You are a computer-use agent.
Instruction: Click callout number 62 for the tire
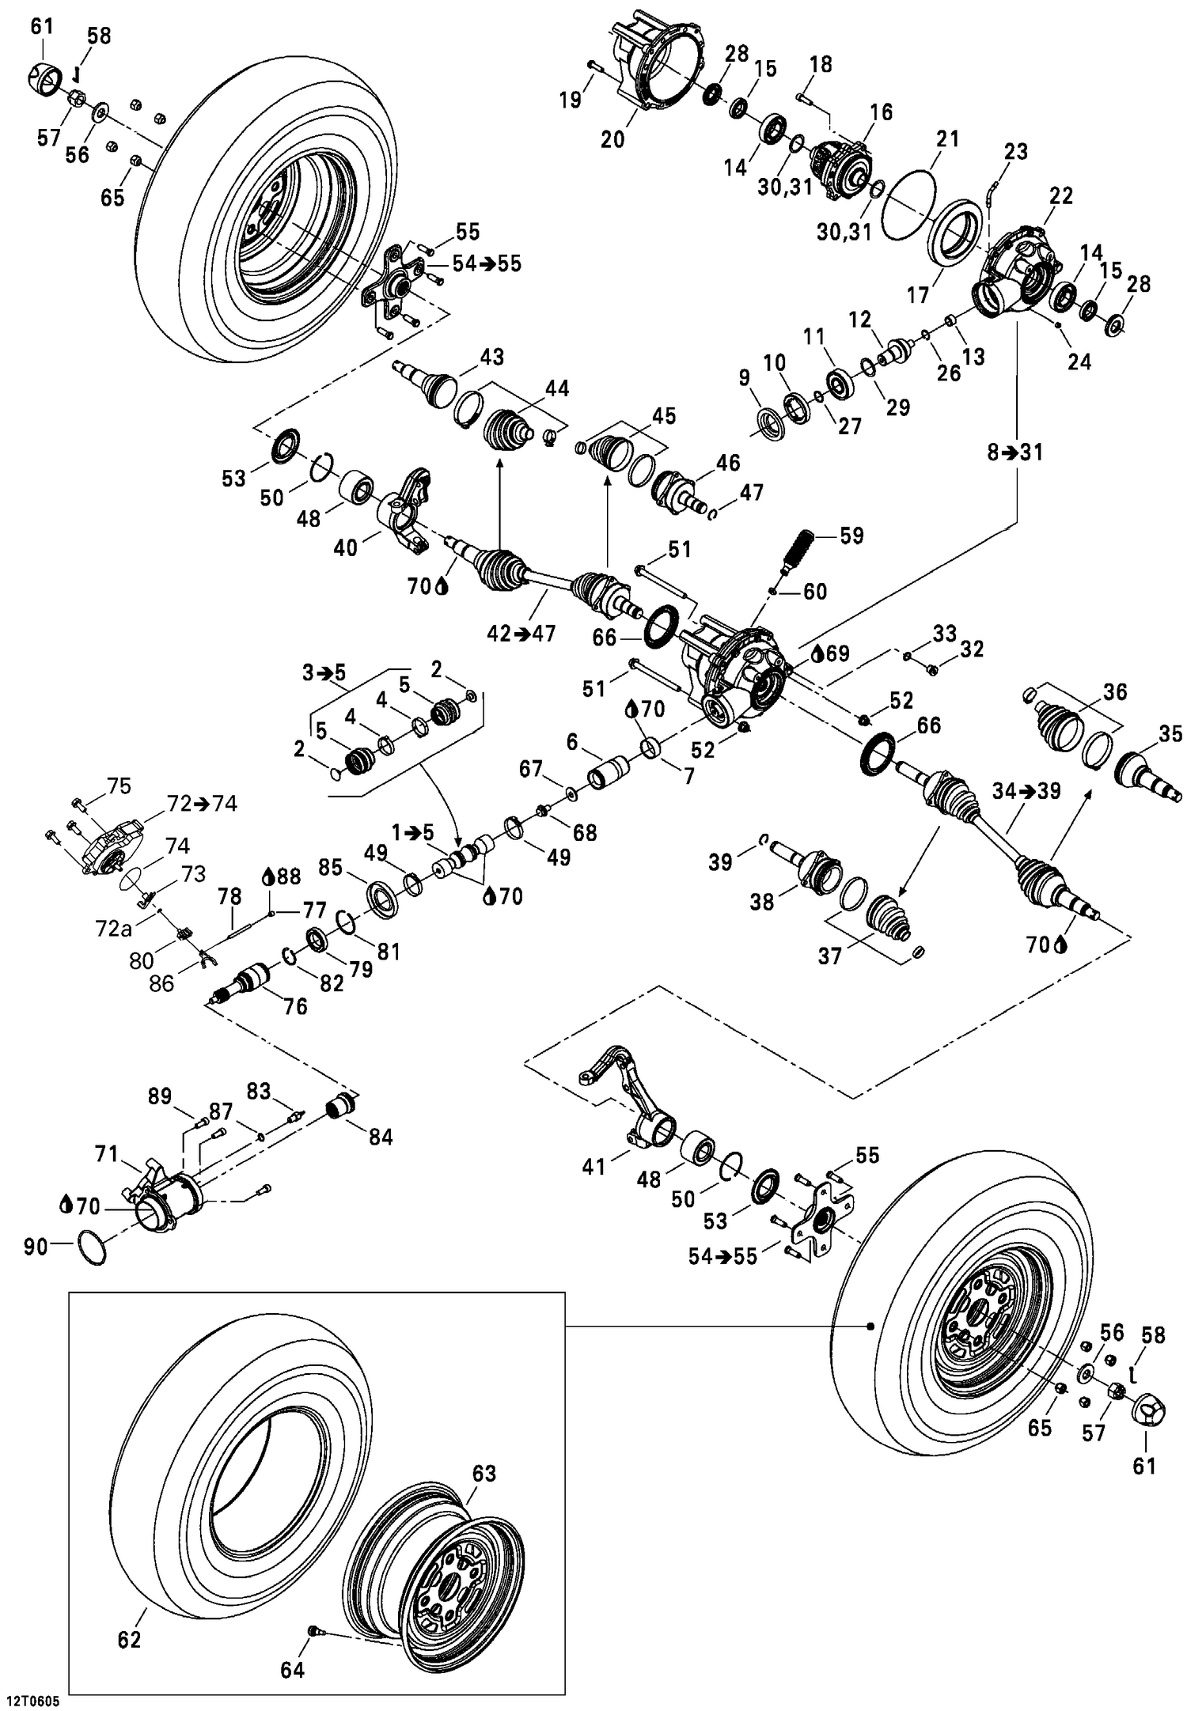(x=129, y=1639)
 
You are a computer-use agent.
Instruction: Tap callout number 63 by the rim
(x=484, y=1473)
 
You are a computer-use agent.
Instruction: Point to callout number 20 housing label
(x=612, y=139)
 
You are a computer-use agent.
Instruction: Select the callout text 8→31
(x=1015, y=452)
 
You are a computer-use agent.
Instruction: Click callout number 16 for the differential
(x=881, y=112)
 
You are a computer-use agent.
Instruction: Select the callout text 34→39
(x=1026, y=790)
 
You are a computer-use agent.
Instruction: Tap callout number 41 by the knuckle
(x=593, y=1166)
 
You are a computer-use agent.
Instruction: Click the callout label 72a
(x=113, y=928)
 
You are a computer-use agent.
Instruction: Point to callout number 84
(x=381, y=1137)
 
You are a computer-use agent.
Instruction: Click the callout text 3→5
(x=324, y=673)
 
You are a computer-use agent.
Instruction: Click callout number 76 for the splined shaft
(x=295, y=1006)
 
